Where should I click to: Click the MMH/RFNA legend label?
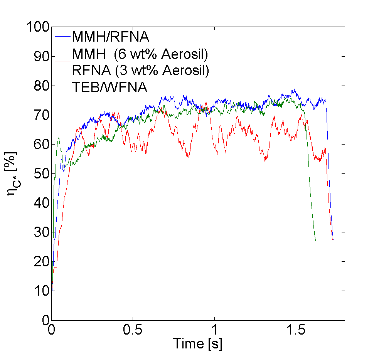110,37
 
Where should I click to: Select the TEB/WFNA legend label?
110,87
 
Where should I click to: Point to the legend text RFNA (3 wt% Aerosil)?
140,71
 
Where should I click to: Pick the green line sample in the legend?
62,87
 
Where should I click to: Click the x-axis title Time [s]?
197,343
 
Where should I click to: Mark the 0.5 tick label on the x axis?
133,330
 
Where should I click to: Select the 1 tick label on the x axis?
214,330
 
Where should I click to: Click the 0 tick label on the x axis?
52,330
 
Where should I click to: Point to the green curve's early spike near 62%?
58,138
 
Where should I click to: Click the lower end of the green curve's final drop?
315,241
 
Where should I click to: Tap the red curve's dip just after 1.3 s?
265,160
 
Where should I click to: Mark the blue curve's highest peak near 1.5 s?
294,90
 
